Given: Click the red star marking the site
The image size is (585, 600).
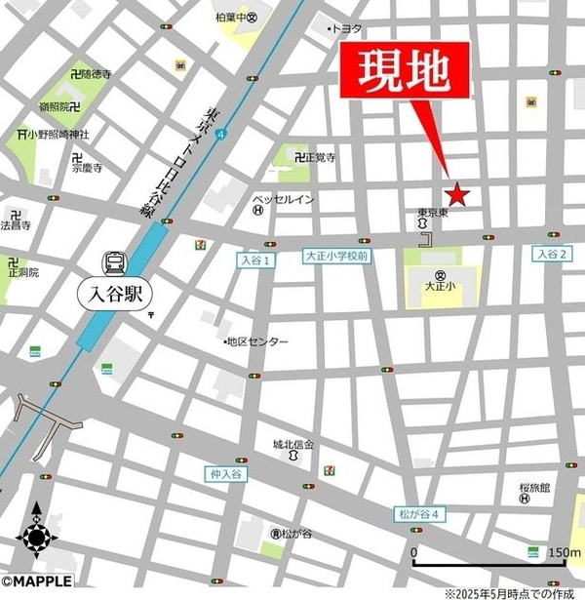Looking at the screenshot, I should click(x=457, y=195).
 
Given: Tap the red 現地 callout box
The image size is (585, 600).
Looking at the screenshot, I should click(x=404, y=70).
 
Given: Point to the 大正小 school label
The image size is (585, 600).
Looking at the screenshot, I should click(x=441, y=288).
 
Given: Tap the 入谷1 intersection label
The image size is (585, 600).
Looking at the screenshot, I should click(x=256, y=260).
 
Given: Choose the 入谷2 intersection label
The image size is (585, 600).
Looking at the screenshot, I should click(x=551, y=254).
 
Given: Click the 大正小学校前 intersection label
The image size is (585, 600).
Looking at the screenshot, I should click(x=335, y=256).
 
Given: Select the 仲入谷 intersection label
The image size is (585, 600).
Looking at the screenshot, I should click(x=223, y=473).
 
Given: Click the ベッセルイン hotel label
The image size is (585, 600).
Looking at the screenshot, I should click(x=284, y=200).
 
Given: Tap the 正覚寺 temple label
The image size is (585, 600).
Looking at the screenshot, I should click(x=319, y=157).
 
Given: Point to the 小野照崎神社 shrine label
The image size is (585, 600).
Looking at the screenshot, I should click(x=58, y=134).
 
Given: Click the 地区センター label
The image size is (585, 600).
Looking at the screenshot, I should click(x=256, y=341).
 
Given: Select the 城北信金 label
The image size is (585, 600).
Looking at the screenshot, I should click(x=293, y=445).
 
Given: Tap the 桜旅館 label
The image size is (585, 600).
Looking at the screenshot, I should click(x=535, y=486).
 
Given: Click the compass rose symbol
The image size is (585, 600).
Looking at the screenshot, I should click(x=37, y=537).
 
